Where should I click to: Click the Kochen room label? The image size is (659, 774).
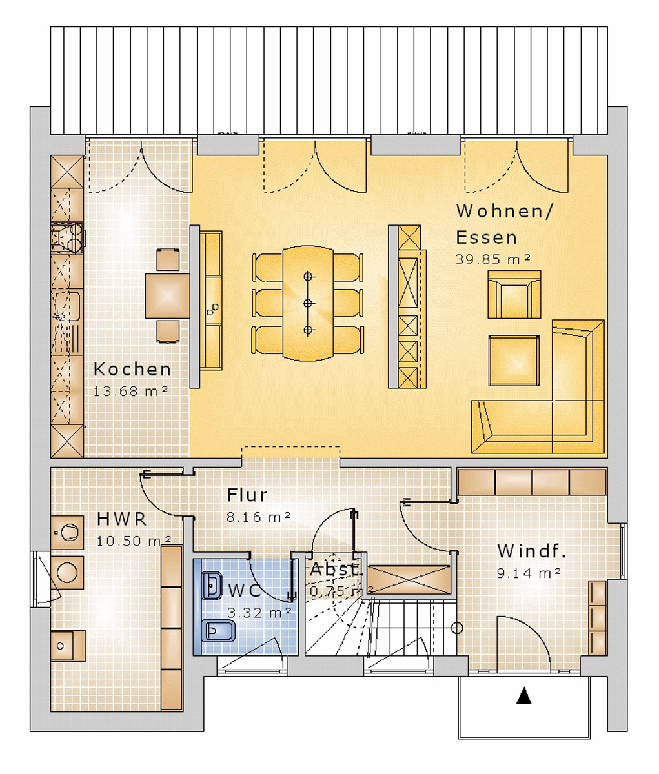point(132,369)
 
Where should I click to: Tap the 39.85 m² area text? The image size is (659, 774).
point(493,259)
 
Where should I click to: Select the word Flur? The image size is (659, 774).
point(247,495)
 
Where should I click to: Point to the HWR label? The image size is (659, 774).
point(121,519)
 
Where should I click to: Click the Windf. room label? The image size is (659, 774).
point(531,551)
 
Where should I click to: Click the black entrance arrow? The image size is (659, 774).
point(524,697)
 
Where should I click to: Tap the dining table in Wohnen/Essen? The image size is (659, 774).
point(308,303)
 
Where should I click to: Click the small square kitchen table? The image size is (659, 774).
point(167,295)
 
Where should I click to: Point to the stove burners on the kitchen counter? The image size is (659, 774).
point(67,236)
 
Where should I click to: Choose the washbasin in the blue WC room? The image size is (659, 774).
point(211,586)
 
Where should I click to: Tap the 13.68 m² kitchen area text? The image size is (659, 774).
point(131,391)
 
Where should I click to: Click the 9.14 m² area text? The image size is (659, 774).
point(528,573)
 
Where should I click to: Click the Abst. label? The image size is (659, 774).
point(336,570)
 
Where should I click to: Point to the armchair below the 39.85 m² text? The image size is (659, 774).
point(514,294)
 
